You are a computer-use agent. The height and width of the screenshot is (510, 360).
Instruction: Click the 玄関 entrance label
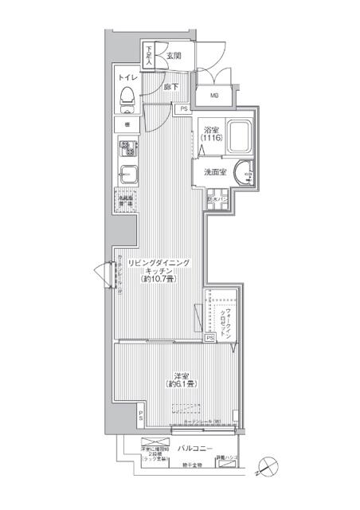pos(174,55)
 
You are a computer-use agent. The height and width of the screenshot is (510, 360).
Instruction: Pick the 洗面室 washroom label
pos(217,171)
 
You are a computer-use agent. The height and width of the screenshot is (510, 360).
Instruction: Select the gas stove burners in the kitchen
pos(127,148)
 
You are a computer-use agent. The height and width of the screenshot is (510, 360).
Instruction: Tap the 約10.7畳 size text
pos(159,280)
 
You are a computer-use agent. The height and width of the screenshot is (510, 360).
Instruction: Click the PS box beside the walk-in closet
pos(209,338)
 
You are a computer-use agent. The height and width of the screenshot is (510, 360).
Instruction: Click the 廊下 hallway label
pos(170,87)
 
